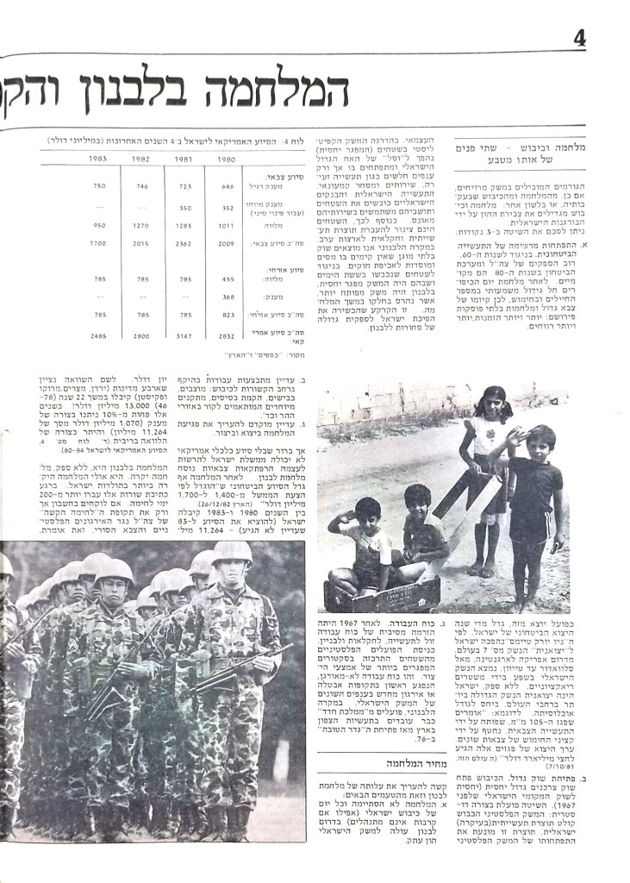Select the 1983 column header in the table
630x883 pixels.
tap(97, 159)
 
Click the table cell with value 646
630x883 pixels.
tap(228, 185)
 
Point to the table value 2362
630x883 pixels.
tap(184, 243)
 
